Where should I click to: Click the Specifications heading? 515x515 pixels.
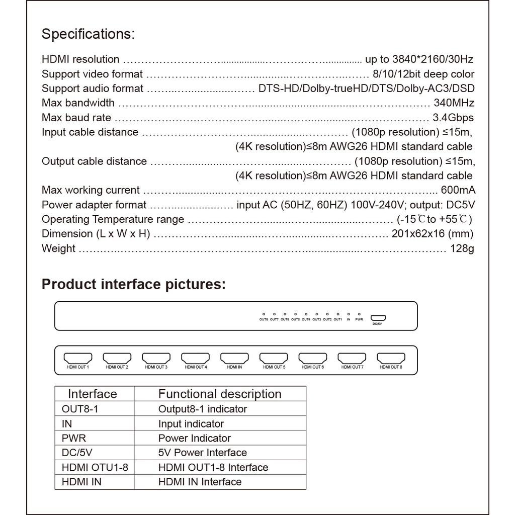(x=88, y=35)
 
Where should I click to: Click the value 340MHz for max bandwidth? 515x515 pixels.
(x=454, y=103)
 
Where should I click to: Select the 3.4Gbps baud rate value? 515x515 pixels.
(x=453, y=118)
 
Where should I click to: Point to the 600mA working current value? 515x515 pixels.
(x=458, y=190)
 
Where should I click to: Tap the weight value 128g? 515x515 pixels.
(x=462, y=248)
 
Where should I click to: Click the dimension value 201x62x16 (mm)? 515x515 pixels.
(x=432, y=234)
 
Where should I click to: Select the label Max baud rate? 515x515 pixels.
(x=76, y=118)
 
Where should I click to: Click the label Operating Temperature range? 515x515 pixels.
(x=113, y=219)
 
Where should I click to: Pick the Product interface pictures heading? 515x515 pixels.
(x=134, y=284)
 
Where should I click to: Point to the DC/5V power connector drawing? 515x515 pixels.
(x=378, y=317)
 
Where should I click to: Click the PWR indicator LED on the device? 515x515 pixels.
(x=359, y=314)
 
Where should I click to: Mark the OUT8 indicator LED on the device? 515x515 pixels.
(x=264, y=314)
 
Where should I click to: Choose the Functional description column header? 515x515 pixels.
(x=220, y=394)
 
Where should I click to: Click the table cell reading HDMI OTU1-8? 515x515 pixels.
(x=95, y=467)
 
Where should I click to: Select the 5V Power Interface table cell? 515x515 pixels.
(x=203, y=453)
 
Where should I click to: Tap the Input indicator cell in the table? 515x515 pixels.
(x=191, y=423)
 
